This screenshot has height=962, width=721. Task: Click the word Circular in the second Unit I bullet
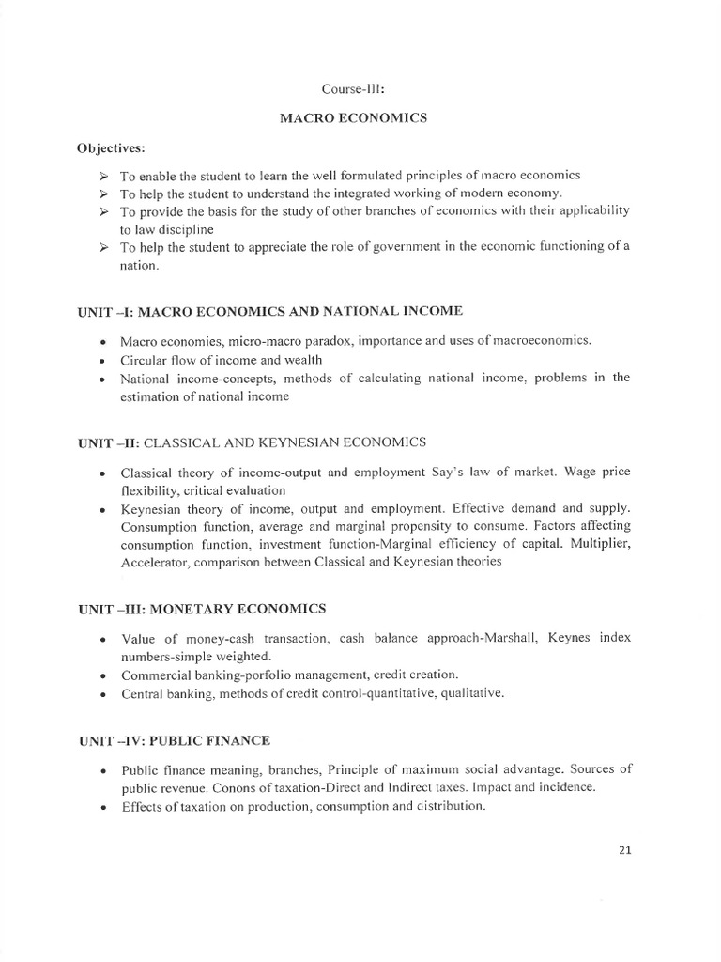pyautogui.click(x=143, y=360)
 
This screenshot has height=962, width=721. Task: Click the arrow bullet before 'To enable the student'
pyautogui.click(x=103, y=176)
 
